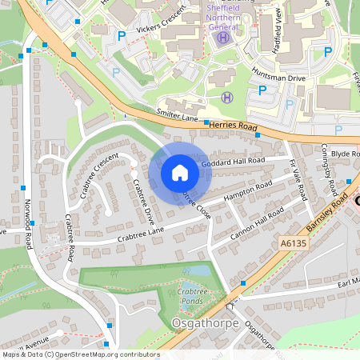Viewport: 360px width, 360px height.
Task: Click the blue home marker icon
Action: point(180,172)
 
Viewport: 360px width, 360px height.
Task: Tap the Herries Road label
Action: point(231,126)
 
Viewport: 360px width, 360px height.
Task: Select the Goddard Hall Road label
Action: point(233,162)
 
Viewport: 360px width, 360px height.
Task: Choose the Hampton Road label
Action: point(249,191)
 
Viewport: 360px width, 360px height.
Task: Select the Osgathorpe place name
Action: point(201,322)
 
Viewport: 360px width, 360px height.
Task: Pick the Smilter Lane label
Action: point(177,116)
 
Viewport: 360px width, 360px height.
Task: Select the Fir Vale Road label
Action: point(298,181)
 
